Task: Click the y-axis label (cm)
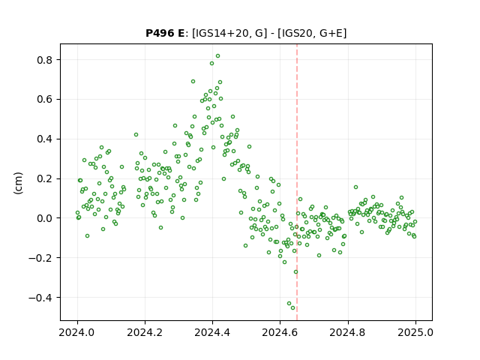tap(18, 183)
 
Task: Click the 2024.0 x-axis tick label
tap(77, 332)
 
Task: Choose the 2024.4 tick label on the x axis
tap(212, 332)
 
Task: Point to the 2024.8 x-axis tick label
tap(348, 332)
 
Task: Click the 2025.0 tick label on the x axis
tap(415, 332)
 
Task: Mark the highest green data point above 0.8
tap(217, 56)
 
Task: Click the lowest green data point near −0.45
tap(292, 308)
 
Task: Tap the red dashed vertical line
tap(297, 182)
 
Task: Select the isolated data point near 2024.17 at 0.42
tap(136, 135)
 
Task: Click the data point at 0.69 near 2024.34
tap(193, 82)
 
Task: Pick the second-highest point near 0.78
tap(211, 63)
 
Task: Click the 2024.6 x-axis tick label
tap(280, 332)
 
